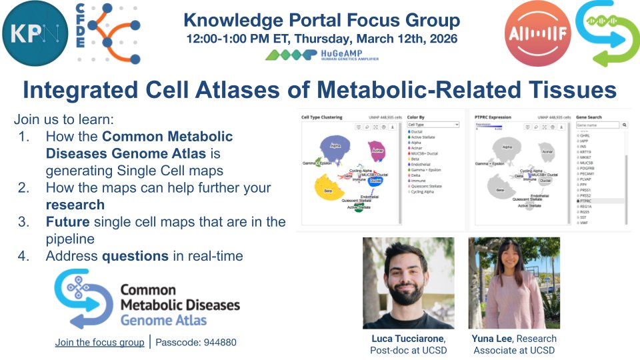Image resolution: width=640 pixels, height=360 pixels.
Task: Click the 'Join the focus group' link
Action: tap(99, 342)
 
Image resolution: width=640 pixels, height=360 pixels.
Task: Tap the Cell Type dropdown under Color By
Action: tap(433, 125)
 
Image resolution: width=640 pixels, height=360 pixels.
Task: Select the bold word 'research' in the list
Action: tap(75, 205)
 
